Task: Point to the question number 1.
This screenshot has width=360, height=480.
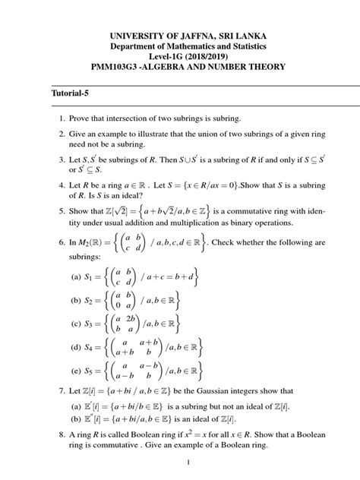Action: point(59,120)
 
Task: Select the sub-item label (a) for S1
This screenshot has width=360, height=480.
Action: point(76,278)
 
